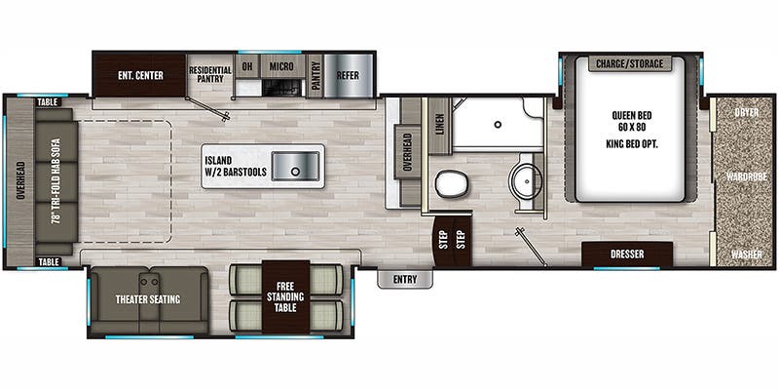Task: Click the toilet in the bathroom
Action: [x=452, y=184]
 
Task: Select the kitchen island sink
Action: [x=296, y=167]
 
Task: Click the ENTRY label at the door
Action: [x=405, y=280]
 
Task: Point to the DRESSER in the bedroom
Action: [x=627, y=254]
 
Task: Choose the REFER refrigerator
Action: [x=348, y=76]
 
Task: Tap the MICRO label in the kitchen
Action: [x=281, y=66]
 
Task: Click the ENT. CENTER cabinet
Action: [x=139, y=75]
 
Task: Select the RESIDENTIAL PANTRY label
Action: [x=210, y=75]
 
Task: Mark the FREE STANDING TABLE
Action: [x=285, y=297]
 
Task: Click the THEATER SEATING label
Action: [x=148, y=299]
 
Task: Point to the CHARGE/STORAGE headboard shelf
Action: [x=629, y=63]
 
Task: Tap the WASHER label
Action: [x=746, y=254]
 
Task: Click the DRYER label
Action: [x=747, y=112]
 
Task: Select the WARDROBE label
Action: [x=746, y=176]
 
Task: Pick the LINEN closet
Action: [x=440, y=126]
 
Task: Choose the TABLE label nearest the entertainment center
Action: [x=49, y=102]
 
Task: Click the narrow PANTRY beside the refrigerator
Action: [x=315, y=76]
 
